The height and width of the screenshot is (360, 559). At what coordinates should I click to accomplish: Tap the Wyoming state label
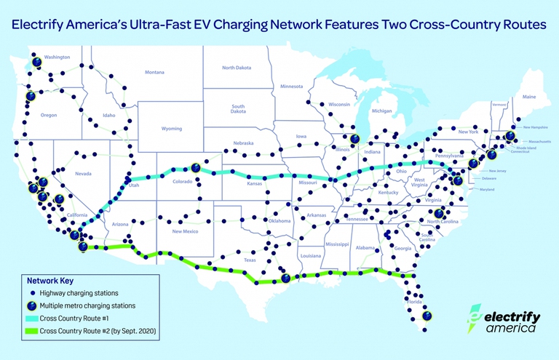171,129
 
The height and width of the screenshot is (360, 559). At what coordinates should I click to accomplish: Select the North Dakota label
237,68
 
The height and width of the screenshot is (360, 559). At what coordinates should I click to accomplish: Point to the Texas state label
250,260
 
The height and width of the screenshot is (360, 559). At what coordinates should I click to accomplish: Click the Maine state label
528,97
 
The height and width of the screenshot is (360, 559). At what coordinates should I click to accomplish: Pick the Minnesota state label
291,87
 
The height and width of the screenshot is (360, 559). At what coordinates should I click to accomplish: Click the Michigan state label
381,111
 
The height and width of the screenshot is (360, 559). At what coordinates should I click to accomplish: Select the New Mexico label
186,231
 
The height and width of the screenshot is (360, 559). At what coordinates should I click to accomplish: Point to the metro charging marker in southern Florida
427,316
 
